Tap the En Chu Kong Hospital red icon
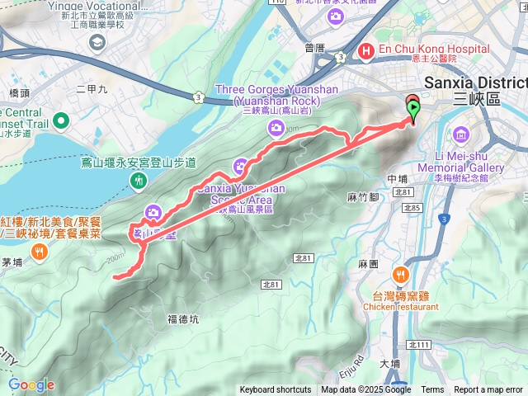tap(366, 50)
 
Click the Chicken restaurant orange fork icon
tap(401, 275)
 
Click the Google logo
tap(31, 384)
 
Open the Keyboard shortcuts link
tap(275, 390)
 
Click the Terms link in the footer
tap(432, 390)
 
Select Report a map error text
tap(488, 390)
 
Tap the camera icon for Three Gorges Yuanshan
tap(276, 127)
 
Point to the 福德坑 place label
tap(182, 318)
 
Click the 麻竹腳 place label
tap(363, 197)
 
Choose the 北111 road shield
tap(418, 344)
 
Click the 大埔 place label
tap(389, 363)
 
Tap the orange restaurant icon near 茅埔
tap(39, 254)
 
